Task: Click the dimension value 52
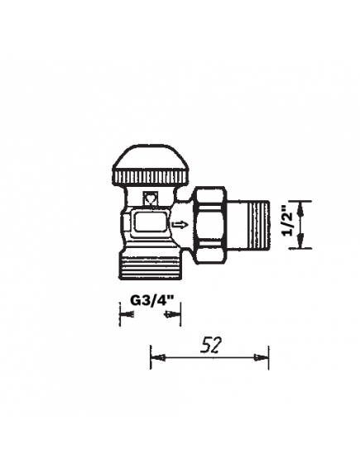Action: [209, 345]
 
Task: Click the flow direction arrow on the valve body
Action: [180, 224]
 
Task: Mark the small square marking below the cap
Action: [151, 199]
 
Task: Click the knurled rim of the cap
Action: [151, 179]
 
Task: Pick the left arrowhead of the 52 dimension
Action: [156, 357]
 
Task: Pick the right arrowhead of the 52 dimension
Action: [263, 357]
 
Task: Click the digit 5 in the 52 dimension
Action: [204, 345]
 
